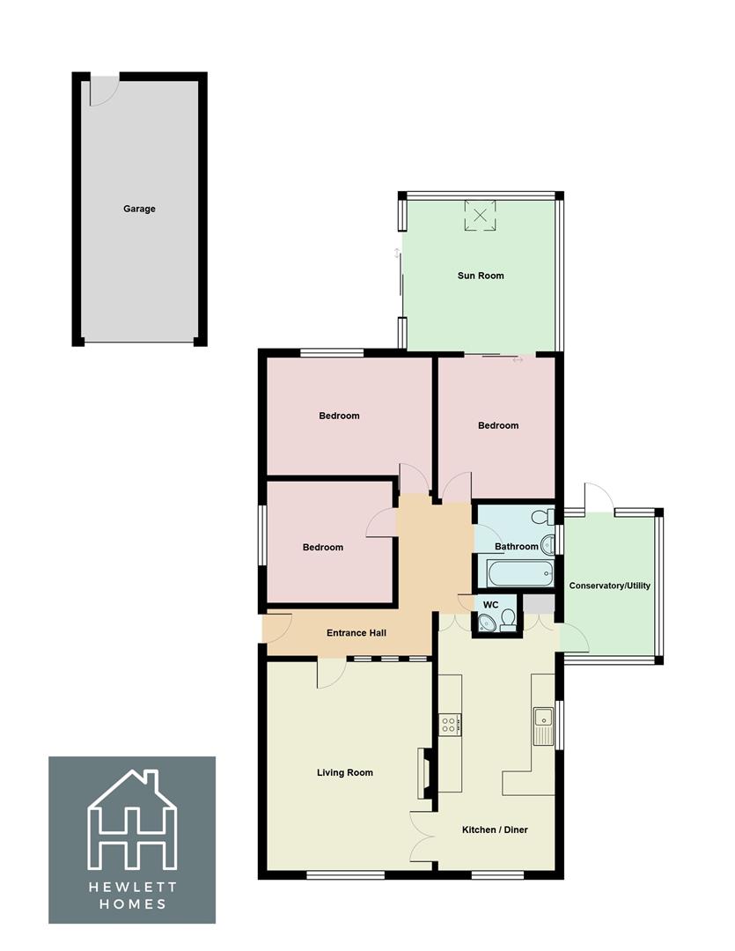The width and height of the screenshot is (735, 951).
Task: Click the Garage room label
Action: (x=139, y=209)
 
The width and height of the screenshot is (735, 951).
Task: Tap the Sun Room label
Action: (x=481, y=276)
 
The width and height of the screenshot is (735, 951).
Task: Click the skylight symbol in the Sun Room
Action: (x=481, y=215)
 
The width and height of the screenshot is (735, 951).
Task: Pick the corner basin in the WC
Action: (x=484, y=623)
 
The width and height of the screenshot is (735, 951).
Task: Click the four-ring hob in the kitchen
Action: (x=448, y=725)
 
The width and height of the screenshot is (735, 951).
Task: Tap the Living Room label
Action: (x=345, y=772)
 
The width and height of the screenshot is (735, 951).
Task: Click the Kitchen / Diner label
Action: (x=496, y=829)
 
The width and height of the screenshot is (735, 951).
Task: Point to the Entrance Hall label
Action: (x=356, y=632)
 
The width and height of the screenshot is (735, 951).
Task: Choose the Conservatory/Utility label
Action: (x=610, y=586)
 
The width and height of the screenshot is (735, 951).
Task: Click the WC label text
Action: (x=491, y=605)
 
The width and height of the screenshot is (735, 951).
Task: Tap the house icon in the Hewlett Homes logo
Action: (x=132, y=821)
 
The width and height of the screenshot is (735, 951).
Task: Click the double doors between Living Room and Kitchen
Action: (x=424, y=836)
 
